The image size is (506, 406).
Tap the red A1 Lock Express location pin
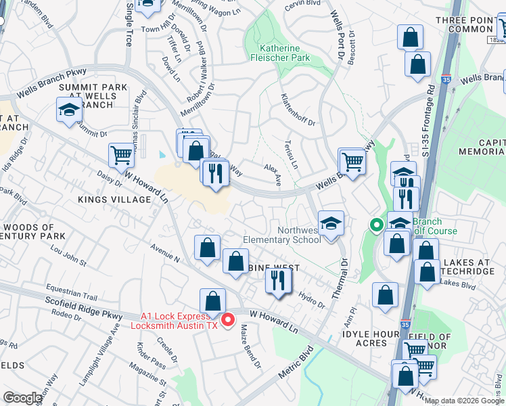[x=228, y=319]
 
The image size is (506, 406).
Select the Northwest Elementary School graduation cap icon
[x=330, y=224]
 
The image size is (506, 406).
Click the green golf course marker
[x=375, y=225]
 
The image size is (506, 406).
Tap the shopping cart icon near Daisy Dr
[x=121, y=155]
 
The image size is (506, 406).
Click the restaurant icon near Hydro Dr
[x=278, y=279]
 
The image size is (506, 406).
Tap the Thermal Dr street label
[x=342, y=270]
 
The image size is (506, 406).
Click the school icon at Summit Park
[x=69, y=110]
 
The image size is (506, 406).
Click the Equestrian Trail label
[x=72, y=294]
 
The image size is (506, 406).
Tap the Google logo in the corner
[x=23, y=398]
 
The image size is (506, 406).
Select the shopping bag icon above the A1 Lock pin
[x=212, y=300]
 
